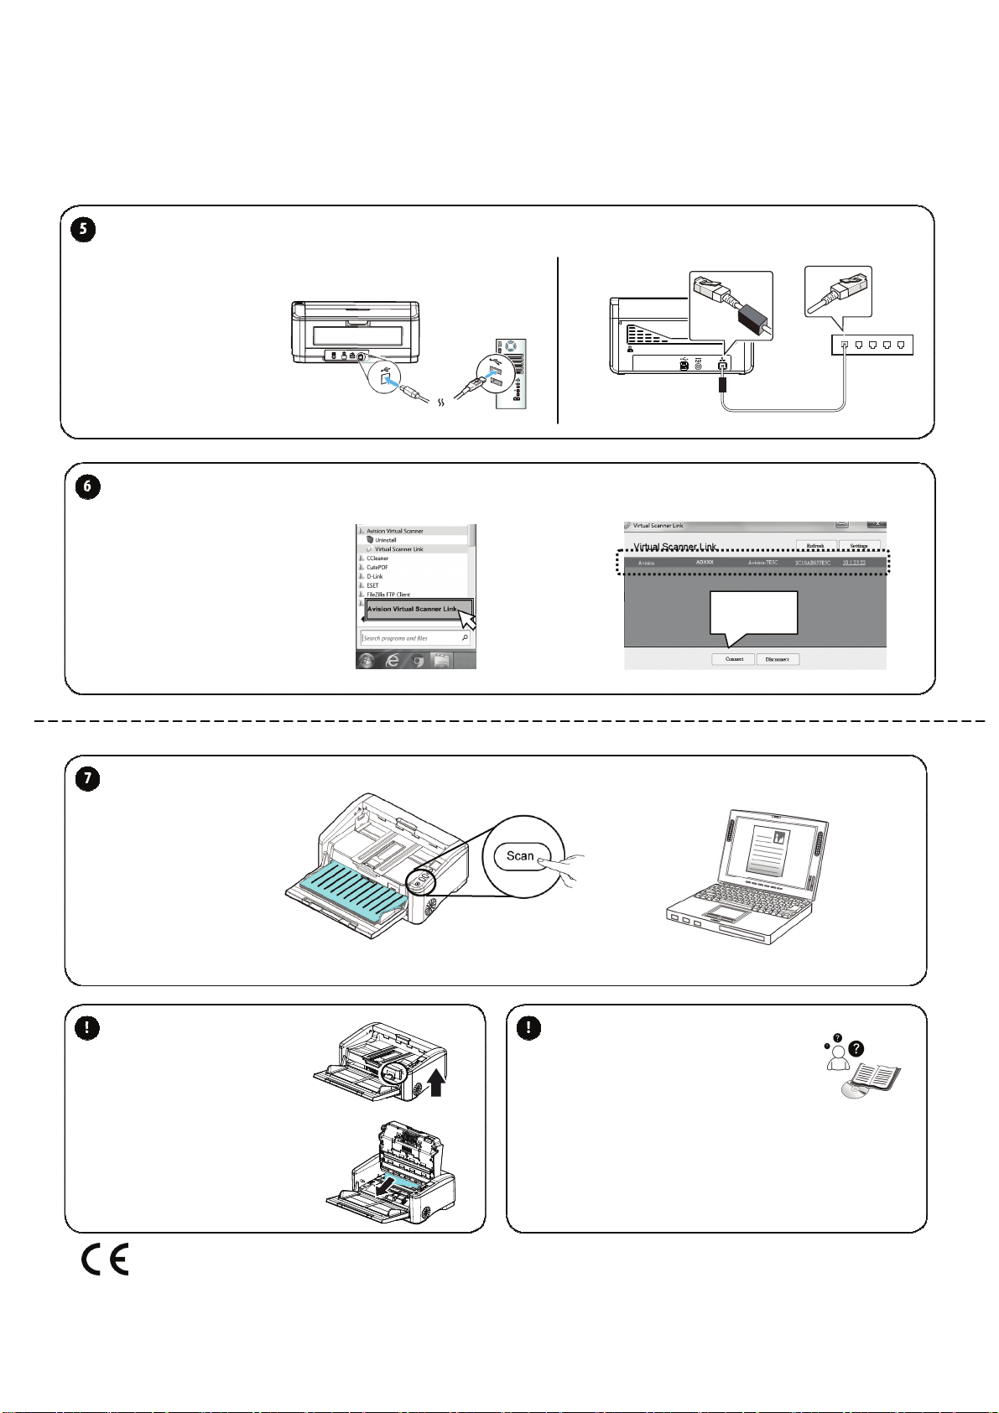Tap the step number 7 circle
(87, 779)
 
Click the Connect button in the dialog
(734, 659)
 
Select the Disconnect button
(777, 659)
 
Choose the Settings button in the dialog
(858, 546)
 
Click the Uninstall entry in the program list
(385, 540)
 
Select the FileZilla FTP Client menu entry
(388, 595)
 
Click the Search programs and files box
(411, 638)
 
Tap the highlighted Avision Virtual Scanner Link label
(412, 609)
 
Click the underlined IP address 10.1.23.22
(853, 563)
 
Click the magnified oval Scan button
(520, 856)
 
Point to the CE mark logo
(105, 1260)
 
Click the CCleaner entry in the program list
(377, 558)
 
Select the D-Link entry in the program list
(374, 576)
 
